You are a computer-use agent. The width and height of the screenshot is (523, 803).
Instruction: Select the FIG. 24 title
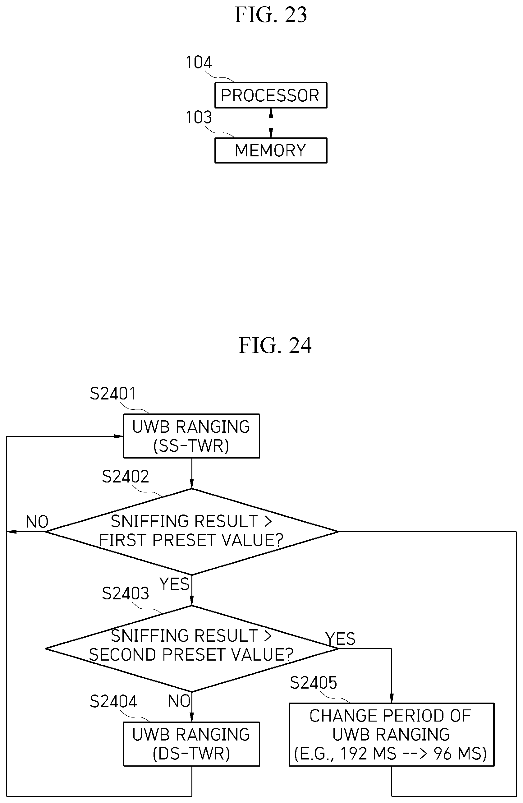pos(275,345)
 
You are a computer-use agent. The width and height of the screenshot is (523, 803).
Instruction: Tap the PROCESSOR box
pos(271,95)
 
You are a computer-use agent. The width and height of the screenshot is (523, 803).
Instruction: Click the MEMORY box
pos(271,150)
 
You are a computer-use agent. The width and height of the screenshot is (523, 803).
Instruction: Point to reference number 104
pos(199,62)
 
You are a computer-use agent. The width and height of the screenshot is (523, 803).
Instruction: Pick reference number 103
pos(199,118)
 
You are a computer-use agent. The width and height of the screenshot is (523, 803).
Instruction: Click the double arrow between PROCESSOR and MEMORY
pos(271,123)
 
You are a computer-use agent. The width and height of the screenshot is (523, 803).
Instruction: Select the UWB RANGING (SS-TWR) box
pos(191,436)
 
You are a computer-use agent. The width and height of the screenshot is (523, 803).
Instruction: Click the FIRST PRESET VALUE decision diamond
pos(191,531)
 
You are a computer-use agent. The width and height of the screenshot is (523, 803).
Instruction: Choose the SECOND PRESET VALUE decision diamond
pos(191,648)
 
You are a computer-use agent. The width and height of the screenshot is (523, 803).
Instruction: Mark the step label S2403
pos(125,593)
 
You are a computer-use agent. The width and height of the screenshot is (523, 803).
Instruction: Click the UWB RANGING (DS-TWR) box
pos(191,744)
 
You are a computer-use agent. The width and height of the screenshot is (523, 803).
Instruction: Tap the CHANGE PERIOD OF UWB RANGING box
pos(391,735)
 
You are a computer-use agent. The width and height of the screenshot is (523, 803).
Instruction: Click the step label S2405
pos(313,683)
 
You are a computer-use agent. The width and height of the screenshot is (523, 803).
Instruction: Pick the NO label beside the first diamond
pos(37,522)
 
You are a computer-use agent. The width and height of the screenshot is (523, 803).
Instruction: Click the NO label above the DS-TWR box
pos(179,701)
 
